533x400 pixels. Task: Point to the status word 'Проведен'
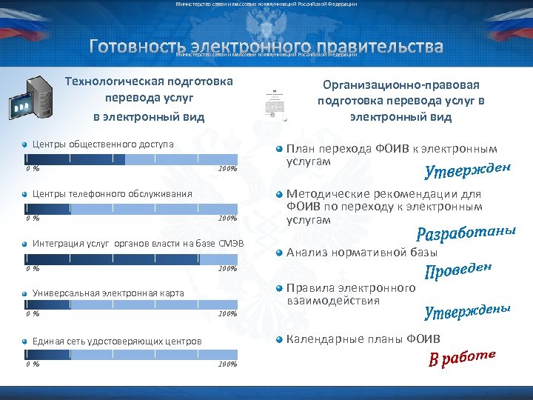tap(460, 272)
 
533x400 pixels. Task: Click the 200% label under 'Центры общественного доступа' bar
tap(227, 169)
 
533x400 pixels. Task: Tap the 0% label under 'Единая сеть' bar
tap(32, 364)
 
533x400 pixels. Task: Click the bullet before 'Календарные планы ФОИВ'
tap(280, 340)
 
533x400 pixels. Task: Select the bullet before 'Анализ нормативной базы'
tap(280, 252)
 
